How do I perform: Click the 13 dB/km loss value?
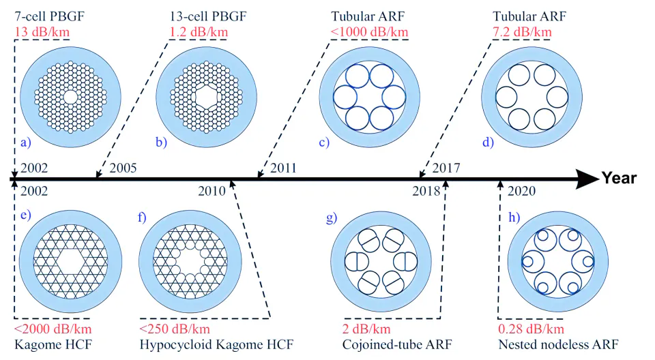coord(42,32)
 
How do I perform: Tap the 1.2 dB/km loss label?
coord(199,32)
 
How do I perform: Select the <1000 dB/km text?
coord(370,32)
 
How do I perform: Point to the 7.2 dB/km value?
coord(522,32)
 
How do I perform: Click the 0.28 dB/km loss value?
coord(531,329)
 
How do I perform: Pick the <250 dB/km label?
coord(175,329)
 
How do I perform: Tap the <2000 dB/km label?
coord(53,329)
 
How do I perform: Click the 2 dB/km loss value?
coord(366,329)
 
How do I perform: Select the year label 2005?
coord(123,168)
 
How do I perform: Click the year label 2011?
coord(283,168)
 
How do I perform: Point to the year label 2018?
coord(426,191)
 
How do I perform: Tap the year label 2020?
coord(521,191)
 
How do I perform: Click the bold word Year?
coord(619,179)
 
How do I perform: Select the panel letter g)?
coord(332,218)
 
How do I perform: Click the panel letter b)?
coord(161,142)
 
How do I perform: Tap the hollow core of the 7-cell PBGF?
coord(70,97)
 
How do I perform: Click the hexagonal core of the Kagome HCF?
coord(70,262)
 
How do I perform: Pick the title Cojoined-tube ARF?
coord(397,345)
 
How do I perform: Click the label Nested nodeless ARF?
coord(558,345)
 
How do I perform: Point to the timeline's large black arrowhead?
coord(587,179)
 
